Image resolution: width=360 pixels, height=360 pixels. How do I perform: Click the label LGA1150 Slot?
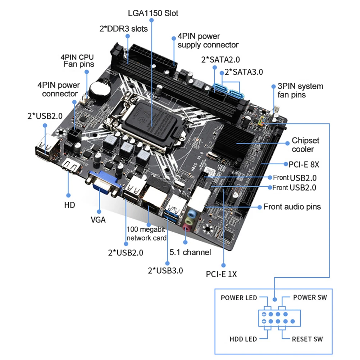pos(153,13)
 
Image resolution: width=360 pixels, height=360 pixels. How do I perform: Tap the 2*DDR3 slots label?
pos(123,28)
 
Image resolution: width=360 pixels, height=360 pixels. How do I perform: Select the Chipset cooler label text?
pos(305,145)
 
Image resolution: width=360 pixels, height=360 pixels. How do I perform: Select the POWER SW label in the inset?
pos(310,297)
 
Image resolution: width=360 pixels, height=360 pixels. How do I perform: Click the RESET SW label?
pos(307,339)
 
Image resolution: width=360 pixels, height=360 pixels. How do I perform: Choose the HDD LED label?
pos(243,339)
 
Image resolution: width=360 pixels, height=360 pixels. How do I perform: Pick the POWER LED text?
pos(239,297)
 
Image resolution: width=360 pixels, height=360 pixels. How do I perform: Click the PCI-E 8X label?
pos(304,164)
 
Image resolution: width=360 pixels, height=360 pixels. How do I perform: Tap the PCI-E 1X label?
pos(221,274)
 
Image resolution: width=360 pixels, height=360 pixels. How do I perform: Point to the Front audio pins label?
pos(292,206)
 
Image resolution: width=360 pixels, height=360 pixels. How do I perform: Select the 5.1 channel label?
pos(190,252)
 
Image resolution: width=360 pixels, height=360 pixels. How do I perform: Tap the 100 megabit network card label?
pos(146,233)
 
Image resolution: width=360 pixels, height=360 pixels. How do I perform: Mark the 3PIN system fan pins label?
pos(300,90)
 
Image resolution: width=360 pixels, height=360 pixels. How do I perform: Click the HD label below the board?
pos(69,205)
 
